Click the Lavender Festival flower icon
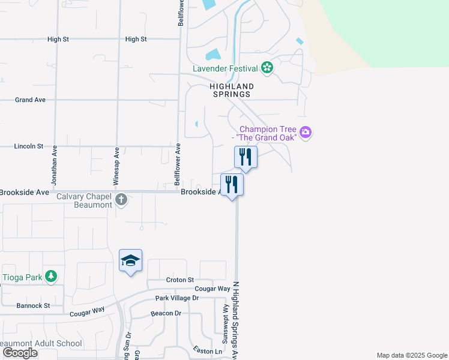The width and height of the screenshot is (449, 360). pyautogui.click(x=267, y=68)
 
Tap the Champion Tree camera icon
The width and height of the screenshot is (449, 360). pyautogui.click(x=306, y=133)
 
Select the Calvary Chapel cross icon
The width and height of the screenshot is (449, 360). pyautogui.click(x=121, y=200)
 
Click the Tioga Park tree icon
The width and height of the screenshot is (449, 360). pyautogui.click(x=52, y=277)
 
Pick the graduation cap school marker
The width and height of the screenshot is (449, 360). pyautogui.click(x=130, y=261)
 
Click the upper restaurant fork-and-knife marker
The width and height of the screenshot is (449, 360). pyautogui.click(x=246, y=157)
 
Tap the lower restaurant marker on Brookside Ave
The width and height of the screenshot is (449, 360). pyautogui.click(x=232, y=184)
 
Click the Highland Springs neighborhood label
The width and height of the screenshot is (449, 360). pyautogui.click(x=232, y=91)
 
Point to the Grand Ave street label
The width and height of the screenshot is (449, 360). pyautogui.click(x=31, y=100)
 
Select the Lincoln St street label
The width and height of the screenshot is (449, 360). pyautogui.click(x=29, y=146)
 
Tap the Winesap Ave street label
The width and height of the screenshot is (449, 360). pyautogui.click(x=117, y=165)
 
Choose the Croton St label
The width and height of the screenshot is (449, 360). pyautogui.click(x=179, y=280)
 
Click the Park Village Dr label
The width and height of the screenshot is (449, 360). pyautogui.click(x=176, y=298)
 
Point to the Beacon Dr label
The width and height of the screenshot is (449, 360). pyautogui.click(x=166, y=313)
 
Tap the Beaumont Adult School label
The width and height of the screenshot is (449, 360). pyautogui.click(x=41, y=343)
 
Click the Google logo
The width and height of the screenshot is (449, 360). pyautogui.click(x=20, y=352)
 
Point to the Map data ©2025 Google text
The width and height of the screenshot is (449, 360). pyautogui.click(x=411, y=355)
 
